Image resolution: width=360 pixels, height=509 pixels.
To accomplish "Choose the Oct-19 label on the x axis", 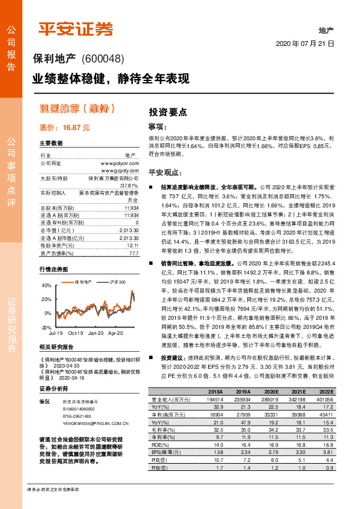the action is [76, 333].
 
